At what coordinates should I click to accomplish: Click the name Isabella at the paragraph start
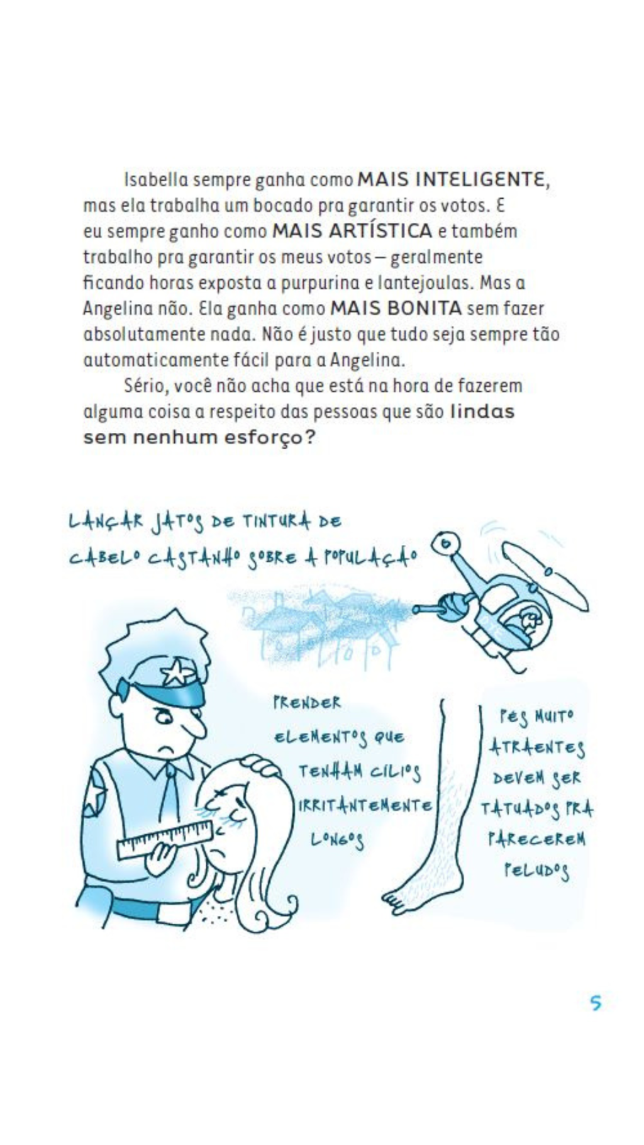pos(156,180)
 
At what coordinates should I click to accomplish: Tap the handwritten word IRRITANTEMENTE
pos(365,806)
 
